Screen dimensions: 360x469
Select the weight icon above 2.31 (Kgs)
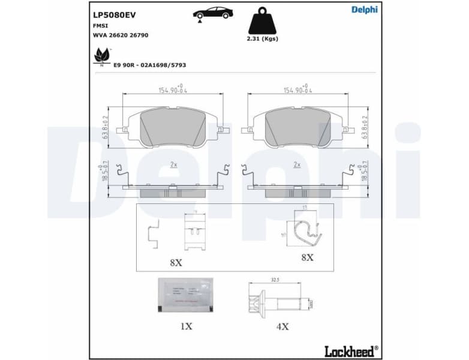click(x=263, y=21)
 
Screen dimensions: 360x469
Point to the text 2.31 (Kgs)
click(x=263, y=39)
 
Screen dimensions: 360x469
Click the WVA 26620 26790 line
click(x=120, y=35)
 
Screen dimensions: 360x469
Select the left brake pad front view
click(x=173, y=128)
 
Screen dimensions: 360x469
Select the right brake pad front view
click(x=297, y=128)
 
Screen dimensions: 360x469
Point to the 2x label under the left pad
click(x=173, y=164)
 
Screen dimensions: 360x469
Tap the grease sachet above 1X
click(x=185, y=295)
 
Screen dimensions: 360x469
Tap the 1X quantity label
click(x=186, y=327)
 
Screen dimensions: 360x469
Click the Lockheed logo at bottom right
click(x=351, y=350)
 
